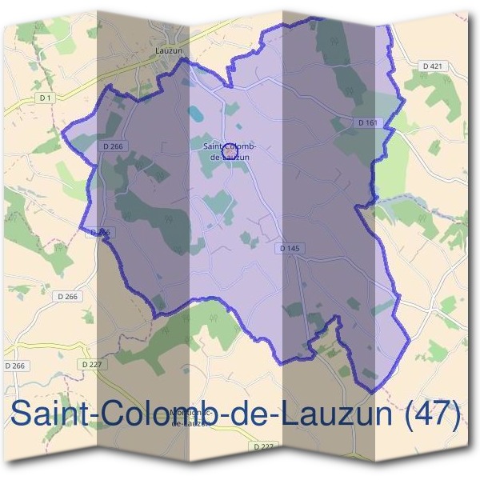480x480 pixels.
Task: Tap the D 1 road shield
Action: (45, 98)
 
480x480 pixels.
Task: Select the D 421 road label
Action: (431, 65)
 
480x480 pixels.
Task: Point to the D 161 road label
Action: (366, 122)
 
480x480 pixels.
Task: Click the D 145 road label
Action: (290, 249)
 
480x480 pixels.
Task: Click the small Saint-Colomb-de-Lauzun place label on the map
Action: (229, 152)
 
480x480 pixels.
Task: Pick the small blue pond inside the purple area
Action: (195, 114)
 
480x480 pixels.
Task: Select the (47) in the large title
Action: (433, 415)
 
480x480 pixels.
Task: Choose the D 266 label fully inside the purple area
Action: (113, 146)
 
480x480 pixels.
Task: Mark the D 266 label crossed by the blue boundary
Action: (101, 232)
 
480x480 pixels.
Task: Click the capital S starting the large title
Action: (22, 415)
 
